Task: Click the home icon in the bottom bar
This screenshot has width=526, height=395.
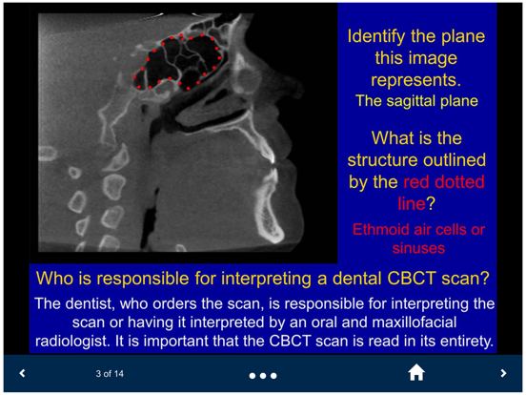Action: click(415, 374)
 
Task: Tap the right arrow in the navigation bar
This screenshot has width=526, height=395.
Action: click(503, 374)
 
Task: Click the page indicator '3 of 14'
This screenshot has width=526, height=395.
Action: click(110, 374)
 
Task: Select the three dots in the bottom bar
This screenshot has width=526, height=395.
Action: click(262, 375)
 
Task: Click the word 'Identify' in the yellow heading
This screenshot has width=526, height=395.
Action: click(379, 37)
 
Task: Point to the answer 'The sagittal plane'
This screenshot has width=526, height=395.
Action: click(416, 99)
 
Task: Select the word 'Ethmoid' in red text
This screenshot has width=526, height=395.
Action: click(383, 229)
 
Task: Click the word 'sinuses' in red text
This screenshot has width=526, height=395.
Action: click(416, 247)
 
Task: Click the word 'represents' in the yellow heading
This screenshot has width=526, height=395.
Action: click(416, 79)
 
